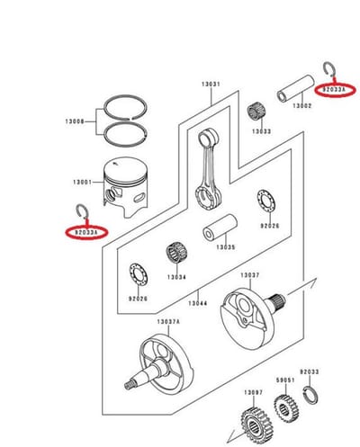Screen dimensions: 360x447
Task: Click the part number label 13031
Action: [211, 85]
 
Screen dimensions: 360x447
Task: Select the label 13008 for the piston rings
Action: [75, 121]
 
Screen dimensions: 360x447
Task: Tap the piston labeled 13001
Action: [126, 186]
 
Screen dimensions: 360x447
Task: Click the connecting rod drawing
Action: [209, 171]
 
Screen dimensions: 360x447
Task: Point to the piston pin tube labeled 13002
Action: [295, 88]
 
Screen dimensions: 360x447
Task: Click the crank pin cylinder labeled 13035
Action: [220, 227]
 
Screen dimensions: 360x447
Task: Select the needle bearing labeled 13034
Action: [176, 255]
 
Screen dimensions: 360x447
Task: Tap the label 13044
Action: [198, 303]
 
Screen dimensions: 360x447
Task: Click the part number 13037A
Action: [168, 322]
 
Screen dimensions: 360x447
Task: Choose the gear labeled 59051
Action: [286, 407]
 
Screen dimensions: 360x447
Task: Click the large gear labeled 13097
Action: [256, 425]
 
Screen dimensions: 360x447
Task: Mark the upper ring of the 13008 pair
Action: [125, 96]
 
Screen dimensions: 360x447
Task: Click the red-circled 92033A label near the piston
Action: [86, 232]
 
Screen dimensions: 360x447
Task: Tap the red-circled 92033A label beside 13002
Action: [335, 89]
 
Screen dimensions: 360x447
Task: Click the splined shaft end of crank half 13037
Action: [277, 299]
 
